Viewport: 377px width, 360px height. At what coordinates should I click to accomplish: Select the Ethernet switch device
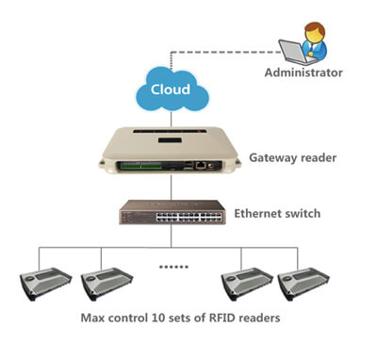(172, 215)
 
